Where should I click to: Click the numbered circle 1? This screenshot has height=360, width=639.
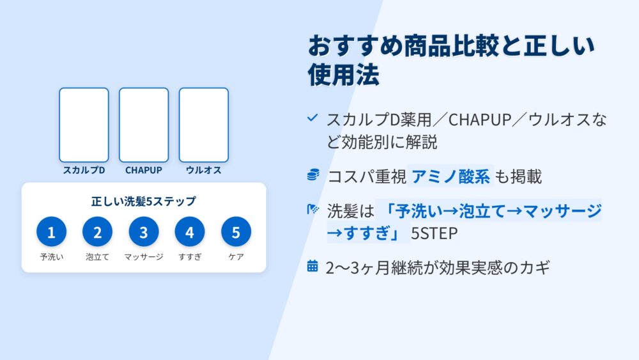tap(51, 231)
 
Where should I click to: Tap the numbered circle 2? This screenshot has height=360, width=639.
tap(97, 231)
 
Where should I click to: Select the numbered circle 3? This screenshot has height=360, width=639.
tap(144, 231)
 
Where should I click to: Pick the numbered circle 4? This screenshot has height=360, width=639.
tap(190, 231)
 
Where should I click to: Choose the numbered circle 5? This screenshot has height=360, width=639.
tap(236, 231)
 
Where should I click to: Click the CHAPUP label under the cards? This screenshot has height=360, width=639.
tap(144, 170)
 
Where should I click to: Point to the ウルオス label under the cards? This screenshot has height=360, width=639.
tap(204, 170)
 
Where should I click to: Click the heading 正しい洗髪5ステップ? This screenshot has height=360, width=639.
tap(143, 201)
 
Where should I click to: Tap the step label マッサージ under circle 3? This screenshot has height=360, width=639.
tap(144, 257)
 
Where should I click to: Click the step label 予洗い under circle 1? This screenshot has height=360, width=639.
tap(51, 257)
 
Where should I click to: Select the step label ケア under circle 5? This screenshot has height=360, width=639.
tap(236, 257)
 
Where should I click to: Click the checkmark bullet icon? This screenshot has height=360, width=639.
tap(312, 118)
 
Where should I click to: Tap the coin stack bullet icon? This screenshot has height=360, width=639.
tap(313, 175)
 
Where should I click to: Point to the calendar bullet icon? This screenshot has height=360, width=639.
tap(312, 266)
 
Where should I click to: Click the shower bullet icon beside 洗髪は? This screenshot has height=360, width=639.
tap(312, 210)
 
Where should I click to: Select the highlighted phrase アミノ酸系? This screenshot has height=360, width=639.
tap(450, 176)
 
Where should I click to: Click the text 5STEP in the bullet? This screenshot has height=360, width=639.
tap(434, 233)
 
